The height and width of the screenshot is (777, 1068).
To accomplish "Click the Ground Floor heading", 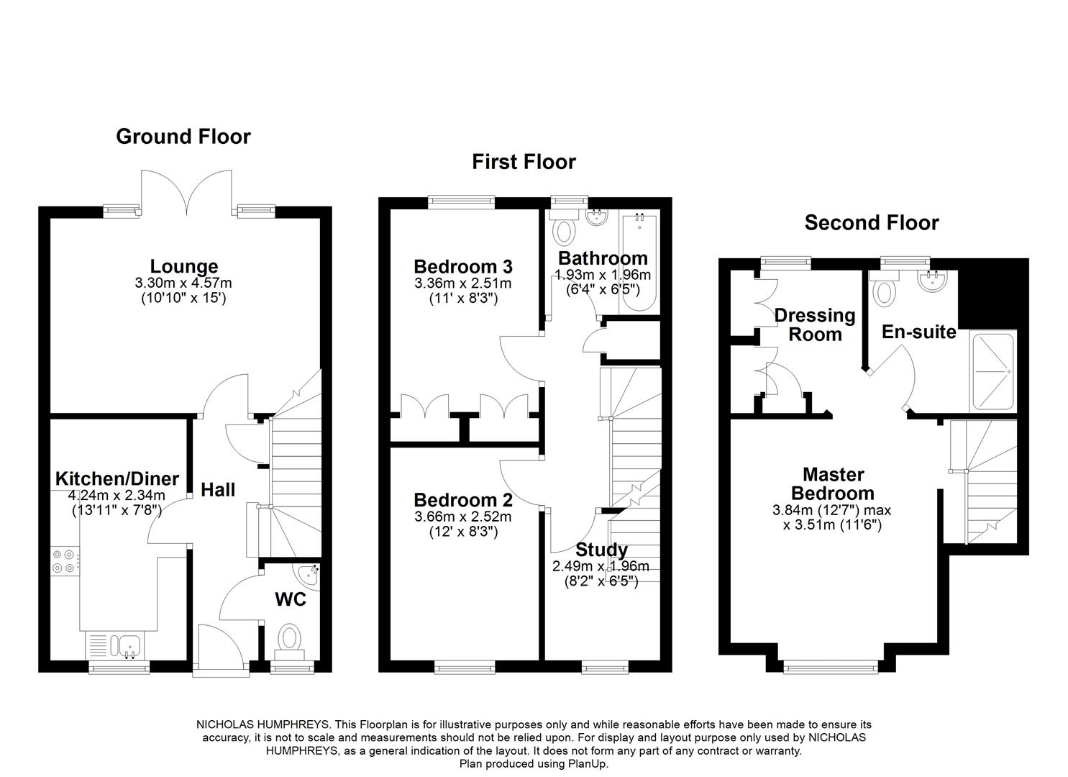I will tap(183, 137).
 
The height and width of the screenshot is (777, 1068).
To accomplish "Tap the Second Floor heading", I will tap(871, 223).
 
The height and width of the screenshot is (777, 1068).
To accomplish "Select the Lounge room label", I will tap(184, 267).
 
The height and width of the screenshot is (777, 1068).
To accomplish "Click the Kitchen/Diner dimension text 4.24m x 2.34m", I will tap(117, 495).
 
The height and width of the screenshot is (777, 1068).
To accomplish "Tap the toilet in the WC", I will tap(290, 639).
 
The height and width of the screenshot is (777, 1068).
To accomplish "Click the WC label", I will tap(291, 599).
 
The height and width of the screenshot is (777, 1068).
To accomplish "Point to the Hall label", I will tap(218, 490).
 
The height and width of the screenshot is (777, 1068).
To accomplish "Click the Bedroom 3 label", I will tap(463, 267).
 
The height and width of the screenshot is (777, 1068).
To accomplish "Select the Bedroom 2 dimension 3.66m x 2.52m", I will tap(463, 517).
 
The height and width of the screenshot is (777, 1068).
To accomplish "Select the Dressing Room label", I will tap(815, 324).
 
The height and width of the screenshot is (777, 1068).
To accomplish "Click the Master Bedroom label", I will tap(833, 483).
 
